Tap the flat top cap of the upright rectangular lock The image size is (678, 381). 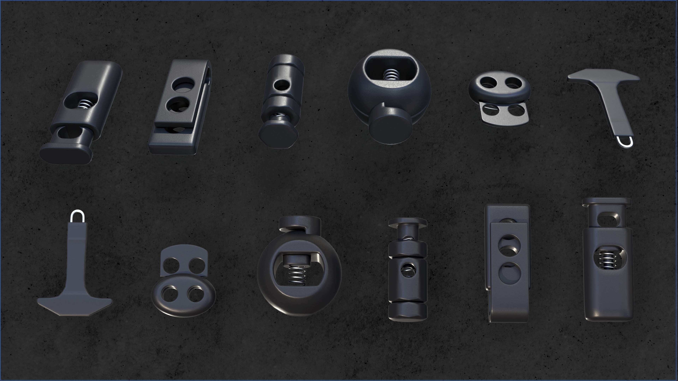tap(606, 202)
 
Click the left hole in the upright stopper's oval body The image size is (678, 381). tap(169, 294)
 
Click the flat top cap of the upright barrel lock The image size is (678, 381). tap(408, 222)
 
